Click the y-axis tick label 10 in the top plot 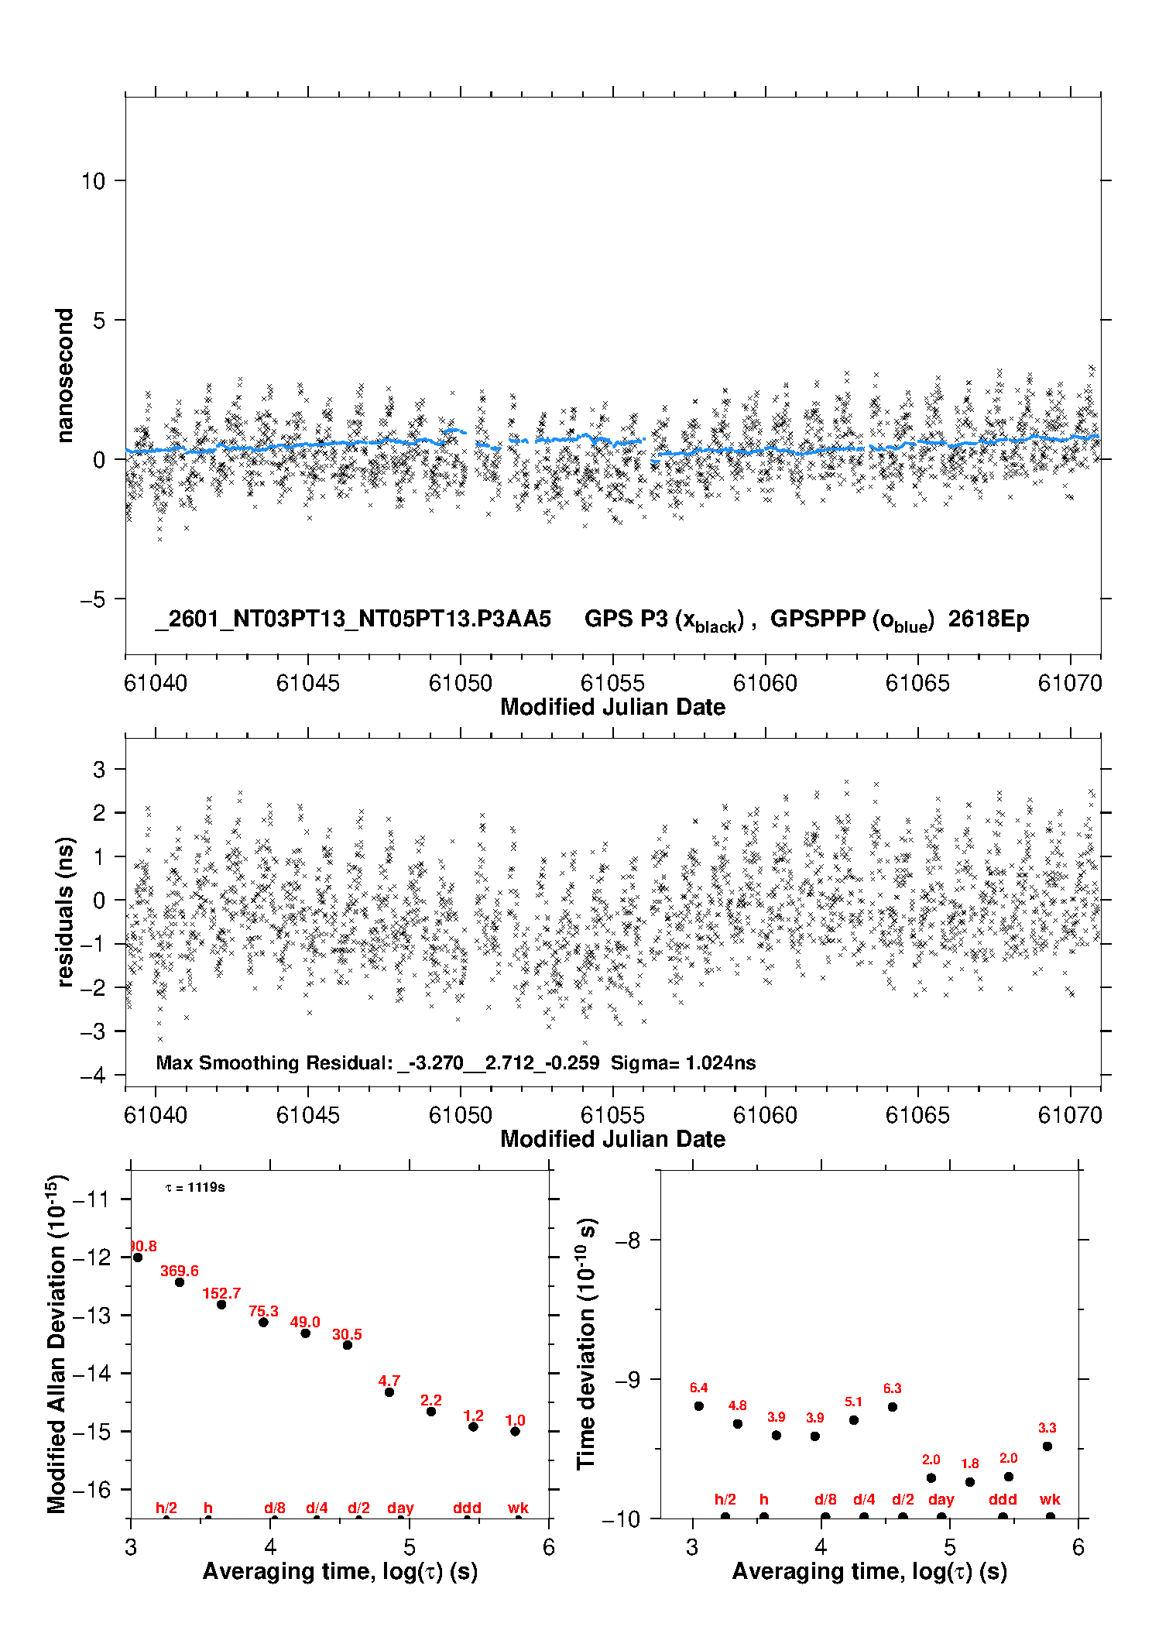93,181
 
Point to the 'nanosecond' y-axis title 64,376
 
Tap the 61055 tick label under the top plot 612,683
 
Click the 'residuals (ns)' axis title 65,912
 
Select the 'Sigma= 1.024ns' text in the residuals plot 683,1062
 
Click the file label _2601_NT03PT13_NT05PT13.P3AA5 353,619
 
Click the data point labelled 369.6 180,1282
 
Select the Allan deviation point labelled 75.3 263,1322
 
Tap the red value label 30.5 347,1334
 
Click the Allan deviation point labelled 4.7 389,1392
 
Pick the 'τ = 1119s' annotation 195,1188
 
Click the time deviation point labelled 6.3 893,1407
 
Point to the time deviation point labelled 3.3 1047,1446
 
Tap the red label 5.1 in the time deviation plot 853,1402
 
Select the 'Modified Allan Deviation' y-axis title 57,1343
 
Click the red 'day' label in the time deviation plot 941,1500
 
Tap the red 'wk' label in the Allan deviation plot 518,1508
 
